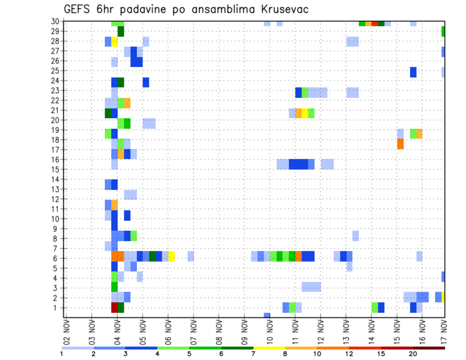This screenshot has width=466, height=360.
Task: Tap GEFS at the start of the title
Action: coord(78,9)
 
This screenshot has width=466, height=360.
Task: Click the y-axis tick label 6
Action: coord(56,258)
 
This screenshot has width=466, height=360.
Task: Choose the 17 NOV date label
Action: coord(444,332)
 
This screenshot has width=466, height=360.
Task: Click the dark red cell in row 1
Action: coord(115,308)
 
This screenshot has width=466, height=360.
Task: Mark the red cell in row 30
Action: coord(375,23)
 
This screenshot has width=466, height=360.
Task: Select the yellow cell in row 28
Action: coord(115,41)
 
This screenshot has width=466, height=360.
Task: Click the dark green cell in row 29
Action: coord(121,32)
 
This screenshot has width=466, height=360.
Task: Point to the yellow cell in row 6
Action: coord(172,256)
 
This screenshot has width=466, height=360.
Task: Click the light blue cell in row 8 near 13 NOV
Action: coord(356,236)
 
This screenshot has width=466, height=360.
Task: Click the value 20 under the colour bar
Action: coord(413,354)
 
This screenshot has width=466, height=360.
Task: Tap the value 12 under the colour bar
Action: coord(349,354)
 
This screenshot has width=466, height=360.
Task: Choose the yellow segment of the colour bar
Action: coord(269,348)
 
